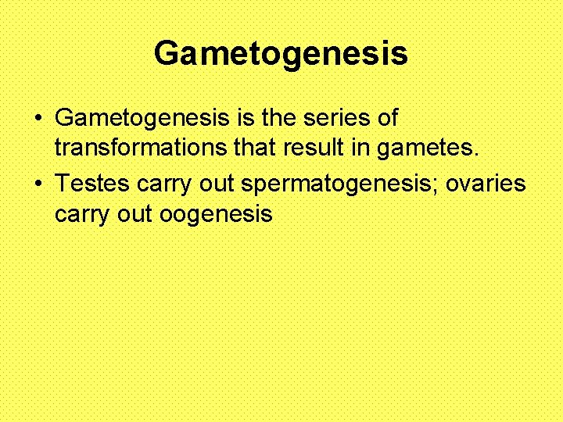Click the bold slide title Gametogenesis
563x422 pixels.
pyautogui.click(x=281, y=54)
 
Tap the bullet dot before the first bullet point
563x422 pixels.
pyautogui.click(x=38, y=120)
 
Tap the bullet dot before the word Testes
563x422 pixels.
pyautogui.click(x=38, y=185)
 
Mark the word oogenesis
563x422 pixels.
pyautogui.click(x=216, y=214)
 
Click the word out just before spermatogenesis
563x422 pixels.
pyautogui.click(x=215, y=184)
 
